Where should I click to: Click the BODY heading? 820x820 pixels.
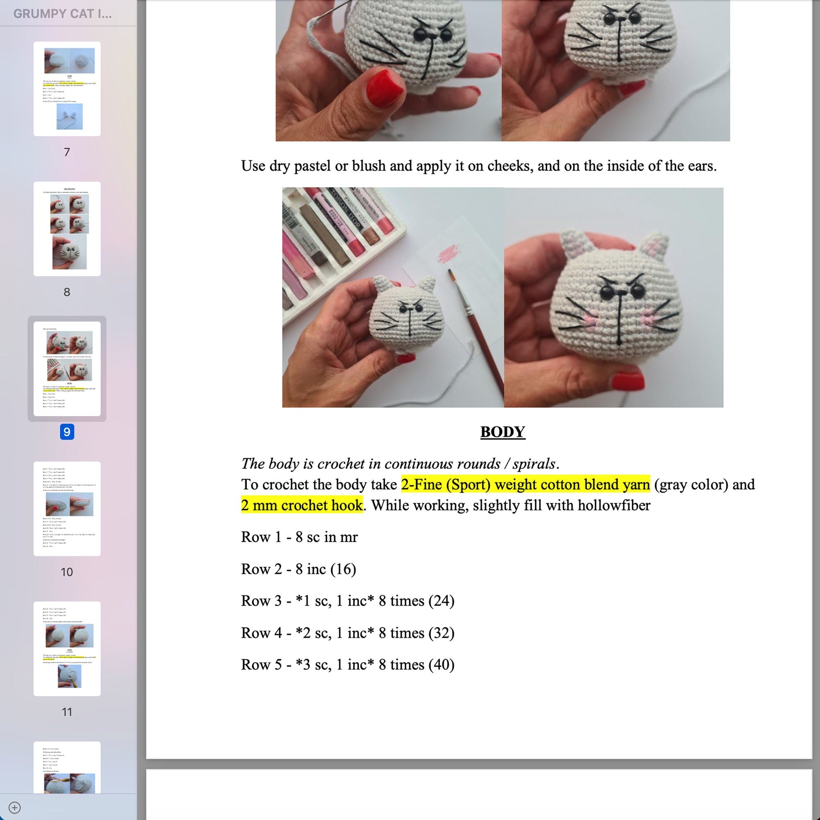click(503, 432)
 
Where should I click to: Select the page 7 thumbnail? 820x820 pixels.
click(67, 89)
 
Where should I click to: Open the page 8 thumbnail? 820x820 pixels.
click(67, 229)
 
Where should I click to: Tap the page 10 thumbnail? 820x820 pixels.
click(67, 508)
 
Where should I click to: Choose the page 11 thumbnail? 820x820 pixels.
click(67, 649)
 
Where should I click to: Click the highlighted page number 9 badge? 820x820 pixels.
click(67, 432)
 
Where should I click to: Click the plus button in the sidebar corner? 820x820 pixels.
click(14, 807)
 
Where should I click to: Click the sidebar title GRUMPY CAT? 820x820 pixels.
click(62, 14)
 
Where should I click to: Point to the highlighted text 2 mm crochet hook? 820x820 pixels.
click(302, 505)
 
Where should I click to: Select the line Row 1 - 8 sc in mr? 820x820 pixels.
click(299, 537)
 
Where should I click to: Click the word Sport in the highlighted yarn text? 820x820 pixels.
click(465, 484)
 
